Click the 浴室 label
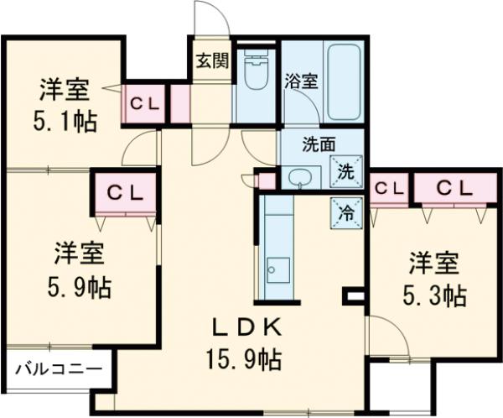click(x=301, y=81)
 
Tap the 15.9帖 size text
click(x=243, y=361)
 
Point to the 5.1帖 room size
click(x=65, y=120)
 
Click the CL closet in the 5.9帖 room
click(x=123, y=192)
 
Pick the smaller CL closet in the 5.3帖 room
click(x=388, y=189)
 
